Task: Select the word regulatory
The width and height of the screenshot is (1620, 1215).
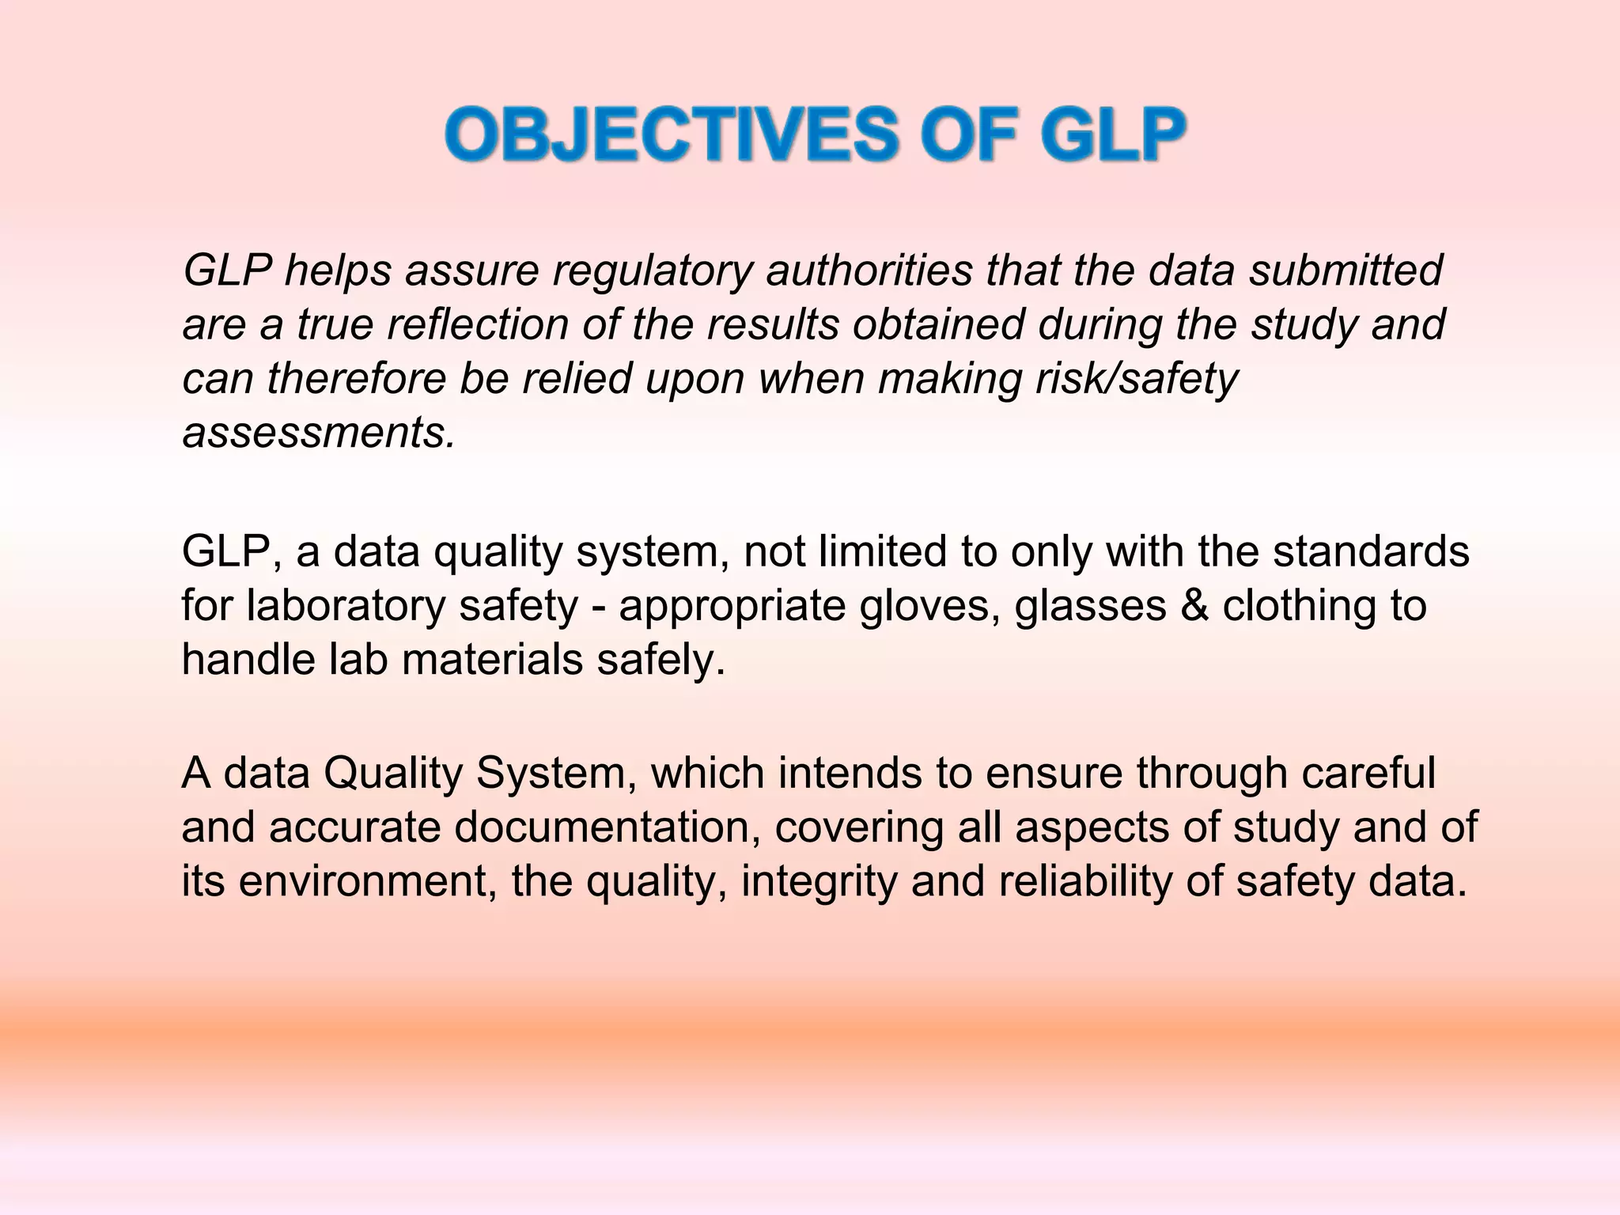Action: (x=653, y=271)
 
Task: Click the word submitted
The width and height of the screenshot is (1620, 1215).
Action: (x=1346, y=271)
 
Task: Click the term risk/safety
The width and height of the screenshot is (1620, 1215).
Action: (x=1136, y=380)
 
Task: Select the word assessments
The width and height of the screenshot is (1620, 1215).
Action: (x=319, y=433)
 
